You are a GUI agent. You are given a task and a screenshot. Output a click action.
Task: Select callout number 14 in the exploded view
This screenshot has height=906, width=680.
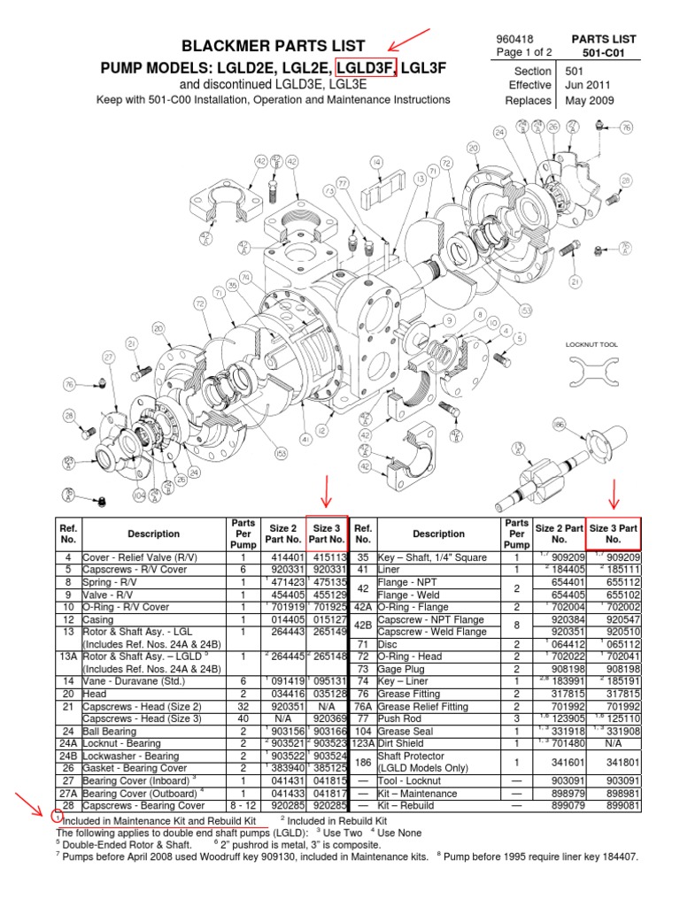pos(376,162)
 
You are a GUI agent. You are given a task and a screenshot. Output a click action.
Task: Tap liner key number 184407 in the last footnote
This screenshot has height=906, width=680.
pos(616,857)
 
